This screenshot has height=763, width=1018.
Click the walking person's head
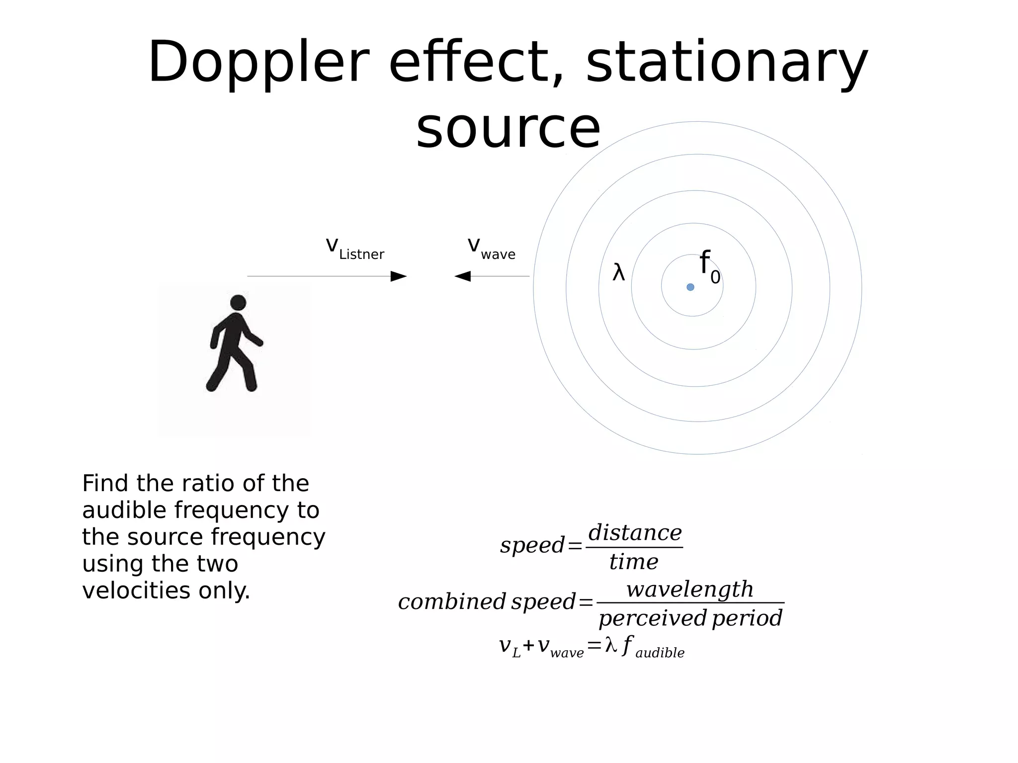[x=238, y=302]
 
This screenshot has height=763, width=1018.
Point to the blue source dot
[x=690, y=287]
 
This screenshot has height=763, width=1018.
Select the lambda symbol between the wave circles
[x=618, y=273]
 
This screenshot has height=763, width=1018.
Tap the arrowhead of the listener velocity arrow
[x=399, y=276]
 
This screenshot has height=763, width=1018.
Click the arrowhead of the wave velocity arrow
[x=462, y=276]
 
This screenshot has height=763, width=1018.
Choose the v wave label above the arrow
[x=491, y=248]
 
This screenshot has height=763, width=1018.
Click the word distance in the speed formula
[x=635, y=533]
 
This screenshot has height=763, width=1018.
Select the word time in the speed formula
[x=634, y=562]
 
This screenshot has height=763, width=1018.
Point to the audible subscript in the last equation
[x=660, y=653]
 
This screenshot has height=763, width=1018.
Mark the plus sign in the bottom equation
[x=528, y=645]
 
